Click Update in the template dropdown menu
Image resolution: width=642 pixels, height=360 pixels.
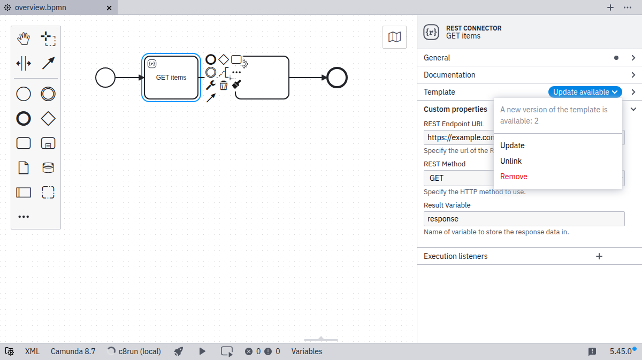pos(513,145)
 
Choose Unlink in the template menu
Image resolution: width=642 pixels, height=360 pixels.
pos(511,161)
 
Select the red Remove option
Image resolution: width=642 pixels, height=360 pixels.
pos(514,177)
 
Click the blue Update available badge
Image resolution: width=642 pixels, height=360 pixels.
pos(585,92)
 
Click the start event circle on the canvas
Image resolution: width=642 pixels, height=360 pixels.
pos(105,78)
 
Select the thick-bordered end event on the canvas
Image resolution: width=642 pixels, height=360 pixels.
pos(337,78)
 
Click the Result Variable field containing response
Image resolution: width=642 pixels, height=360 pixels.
pos(524,219)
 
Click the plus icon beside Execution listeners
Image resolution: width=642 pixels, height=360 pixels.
pos(599,256)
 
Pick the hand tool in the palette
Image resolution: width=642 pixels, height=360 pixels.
pos(24,39)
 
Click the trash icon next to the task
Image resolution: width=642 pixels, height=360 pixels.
pos(224,85)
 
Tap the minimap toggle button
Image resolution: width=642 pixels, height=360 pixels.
pos(394,37)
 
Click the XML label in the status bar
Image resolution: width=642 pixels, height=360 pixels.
pos(32,351)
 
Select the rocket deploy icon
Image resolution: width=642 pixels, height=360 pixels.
pos(179,351)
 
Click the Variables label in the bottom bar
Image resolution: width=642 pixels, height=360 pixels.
pos(307,351)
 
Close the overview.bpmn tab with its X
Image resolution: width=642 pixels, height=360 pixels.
pos(109,8)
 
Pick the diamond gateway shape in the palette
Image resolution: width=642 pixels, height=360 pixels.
pos(48,119)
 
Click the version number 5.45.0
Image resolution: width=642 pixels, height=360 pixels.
pos(621,351)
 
